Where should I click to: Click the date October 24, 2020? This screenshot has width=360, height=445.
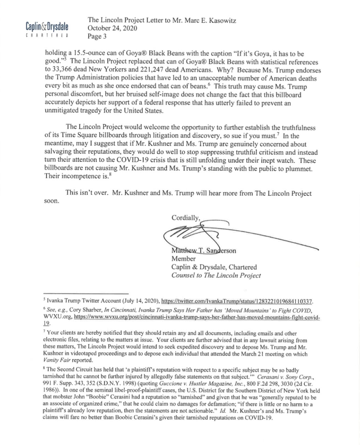pos(112,28)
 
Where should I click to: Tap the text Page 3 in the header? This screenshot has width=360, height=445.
pos(97,36)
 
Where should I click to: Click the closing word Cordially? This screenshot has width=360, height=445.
pos(186,218)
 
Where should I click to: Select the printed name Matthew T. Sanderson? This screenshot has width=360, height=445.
pos(204,251)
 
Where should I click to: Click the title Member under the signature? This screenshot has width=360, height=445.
pos(184,259)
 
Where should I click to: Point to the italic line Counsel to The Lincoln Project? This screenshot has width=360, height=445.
pos(216,275)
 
